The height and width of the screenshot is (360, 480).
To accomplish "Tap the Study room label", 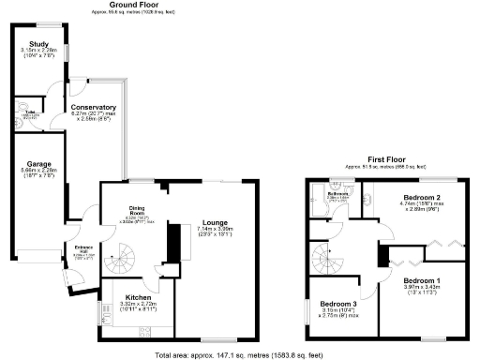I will tap(38, 44).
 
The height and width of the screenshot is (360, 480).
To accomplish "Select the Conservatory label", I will tap(94, 108).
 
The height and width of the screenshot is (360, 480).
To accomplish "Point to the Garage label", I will tap(40, 163).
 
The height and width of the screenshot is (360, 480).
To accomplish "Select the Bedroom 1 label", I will tap(422, 280).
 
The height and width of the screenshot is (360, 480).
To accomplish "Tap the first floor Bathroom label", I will tap(338, 194).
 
